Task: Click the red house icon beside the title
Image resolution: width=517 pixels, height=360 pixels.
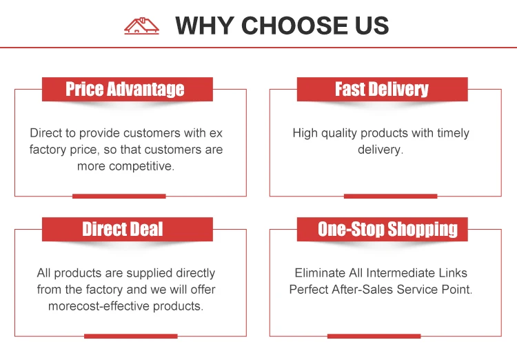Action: point(141,26)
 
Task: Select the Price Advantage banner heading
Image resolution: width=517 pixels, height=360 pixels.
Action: point(125,89)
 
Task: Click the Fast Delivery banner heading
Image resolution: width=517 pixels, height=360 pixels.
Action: point(382,89)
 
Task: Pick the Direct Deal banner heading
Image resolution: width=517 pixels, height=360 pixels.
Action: point(123,229)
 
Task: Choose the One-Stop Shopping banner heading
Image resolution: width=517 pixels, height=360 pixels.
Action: point(387,229)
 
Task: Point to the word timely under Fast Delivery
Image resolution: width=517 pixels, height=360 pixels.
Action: point(453,133)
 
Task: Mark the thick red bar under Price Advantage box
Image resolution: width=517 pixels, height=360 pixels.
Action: point(119,197)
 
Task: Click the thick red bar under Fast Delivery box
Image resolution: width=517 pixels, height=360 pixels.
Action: point(390,197)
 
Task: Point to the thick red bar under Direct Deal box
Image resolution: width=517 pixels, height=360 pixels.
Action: point(131,337)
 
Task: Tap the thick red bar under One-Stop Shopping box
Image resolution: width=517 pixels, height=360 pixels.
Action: point(374,337)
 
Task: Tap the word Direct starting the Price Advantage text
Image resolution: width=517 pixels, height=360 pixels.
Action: point(46,133)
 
